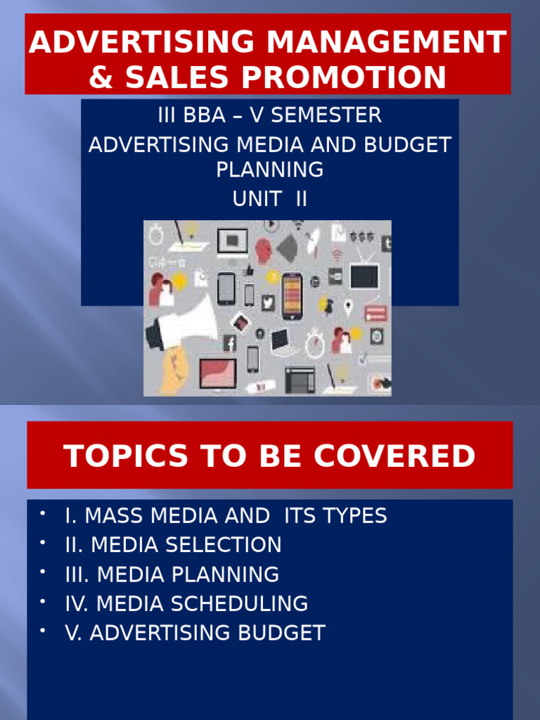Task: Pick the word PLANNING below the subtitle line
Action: tap(270, 169)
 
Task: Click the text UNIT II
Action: tap(270, 199)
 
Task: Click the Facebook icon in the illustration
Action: tap(230, 344)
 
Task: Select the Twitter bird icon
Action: tap(267, 302)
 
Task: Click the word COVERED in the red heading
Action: tap(394, 456)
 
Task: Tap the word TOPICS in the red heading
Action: tap(115, 456)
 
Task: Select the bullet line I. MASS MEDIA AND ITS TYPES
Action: tap(225, 515)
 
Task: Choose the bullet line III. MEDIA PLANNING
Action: tap(172, 574)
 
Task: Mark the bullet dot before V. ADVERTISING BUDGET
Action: tap(43, 631)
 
